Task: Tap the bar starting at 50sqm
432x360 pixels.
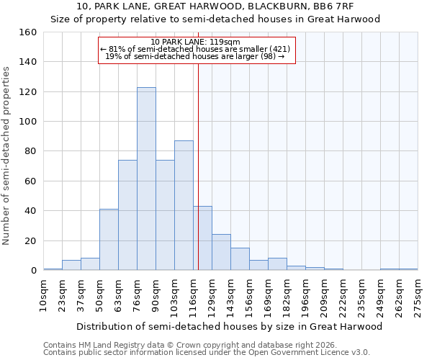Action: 109,239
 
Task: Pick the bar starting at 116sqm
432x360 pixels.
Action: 202,238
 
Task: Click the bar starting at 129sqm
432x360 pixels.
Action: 221,252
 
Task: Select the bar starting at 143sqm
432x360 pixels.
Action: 240,258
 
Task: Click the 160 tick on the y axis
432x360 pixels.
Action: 27,32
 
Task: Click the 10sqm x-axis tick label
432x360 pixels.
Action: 44,294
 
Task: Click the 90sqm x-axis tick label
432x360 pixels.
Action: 156,294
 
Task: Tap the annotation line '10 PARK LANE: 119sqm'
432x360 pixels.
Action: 196,42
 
